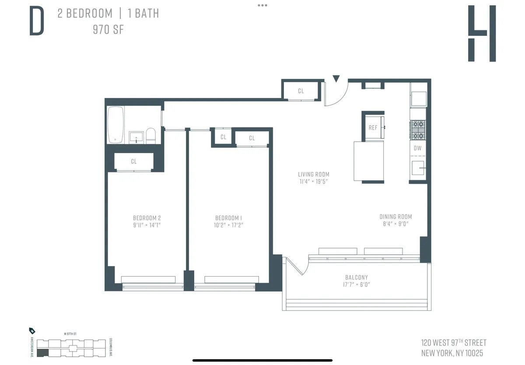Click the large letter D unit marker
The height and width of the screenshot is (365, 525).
point(37,21)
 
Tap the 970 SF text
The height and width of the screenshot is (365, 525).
point(108,30)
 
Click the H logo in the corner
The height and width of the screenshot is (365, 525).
point(482,33)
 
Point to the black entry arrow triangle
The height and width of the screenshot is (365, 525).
point(336,79)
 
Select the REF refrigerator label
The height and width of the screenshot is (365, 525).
point(373,128)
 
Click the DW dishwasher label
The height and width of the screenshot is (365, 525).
point(417,148)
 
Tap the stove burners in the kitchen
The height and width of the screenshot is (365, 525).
point(417,130)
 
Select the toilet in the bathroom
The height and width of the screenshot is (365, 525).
point(150,135)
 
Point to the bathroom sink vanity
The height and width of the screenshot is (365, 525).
point(136,137)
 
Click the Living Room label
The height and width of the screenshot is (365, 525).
point(314,174)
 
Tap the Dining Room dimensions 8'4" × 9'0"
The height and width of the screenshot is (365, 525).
point(395,224)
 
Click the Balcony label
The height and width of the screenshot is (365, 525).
point(357,277)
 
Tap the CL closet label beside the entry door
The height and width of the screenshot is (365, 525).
point(301,91)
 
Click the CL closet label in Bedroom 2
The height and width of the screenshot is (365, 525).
point(133,161)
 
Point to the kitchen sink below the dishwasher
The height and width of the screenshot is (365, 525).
point(418,168)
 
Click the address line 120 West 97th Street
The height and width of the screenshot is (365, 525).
point(454,343)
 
